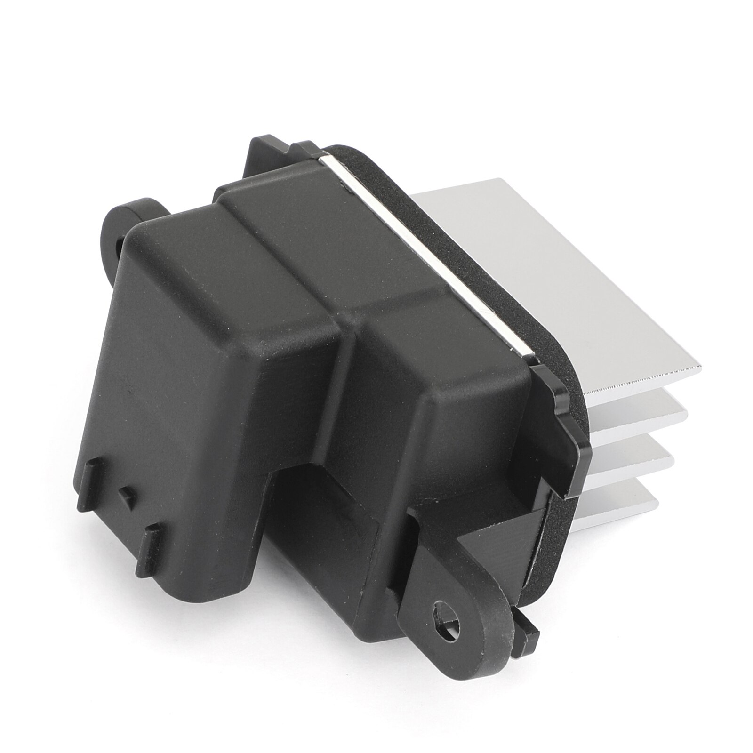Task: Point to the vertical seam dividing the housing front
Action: click(348, 424)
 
